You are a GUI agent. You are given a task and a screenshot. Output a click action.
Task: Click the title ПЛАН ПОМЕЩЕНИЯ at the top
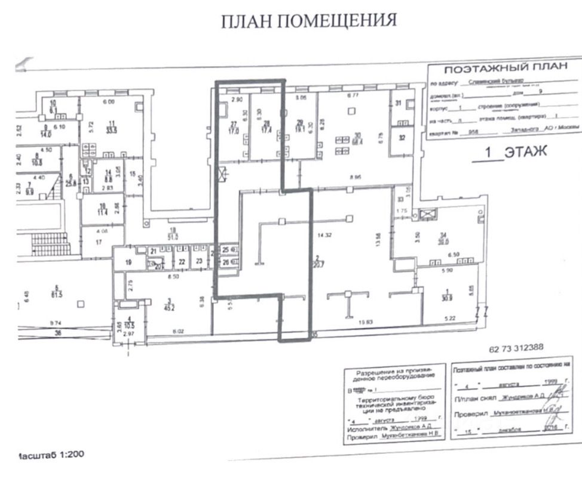click(x=308, y=21)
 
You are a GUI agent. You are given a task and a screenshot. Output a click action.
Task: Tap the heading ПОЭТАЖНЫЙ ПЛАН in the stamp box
click(x=506, y=67)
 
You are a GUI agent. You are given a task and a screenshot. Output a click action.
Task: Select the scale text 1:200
click(x=71, y=455)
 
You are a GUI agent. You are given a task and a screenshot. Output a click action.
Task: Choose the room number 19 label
click(x=128, y=261)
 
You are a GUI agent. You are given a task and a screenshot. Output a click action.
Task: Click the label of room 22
click(x=181, y=261)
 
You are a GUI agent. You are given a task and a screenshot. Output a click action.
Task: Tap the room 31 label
click(x=399, y=103)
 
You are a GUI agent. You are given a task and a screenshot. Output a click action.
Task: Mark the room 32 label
click(x=401, y=138)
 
